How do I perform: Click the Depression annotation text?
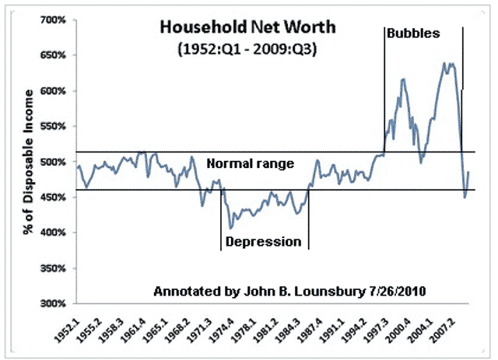263,242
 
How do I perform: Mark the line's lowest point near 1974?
230,228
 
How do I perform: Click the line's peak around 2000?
402,79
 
